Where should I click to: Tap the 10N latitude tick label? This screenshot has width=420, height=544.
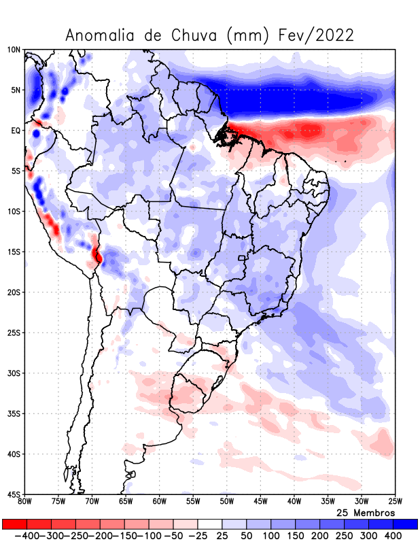point(14,50)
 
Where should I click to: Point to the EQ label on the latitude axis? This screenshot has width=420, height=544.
point(15,131)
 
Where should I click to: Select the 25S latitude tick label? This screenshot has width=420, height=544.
point(14,333)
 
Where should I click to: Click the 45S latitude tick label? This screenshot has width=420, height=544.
point(14,494)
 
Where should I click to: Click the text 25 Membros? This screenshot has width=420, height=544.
point(366,512)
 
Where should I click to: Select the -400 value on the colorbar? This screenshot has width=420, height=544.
point(27,536)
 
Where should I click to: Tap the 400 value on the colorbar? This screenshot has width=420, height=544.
point(393,536)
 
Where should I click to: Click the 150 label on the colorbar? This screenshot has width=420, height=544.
point(295,536)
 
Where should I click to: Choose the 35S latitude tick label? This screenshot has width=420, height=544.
point(14,413)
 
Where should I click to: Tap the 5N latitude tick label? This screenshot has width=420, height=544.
point(15,90)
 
